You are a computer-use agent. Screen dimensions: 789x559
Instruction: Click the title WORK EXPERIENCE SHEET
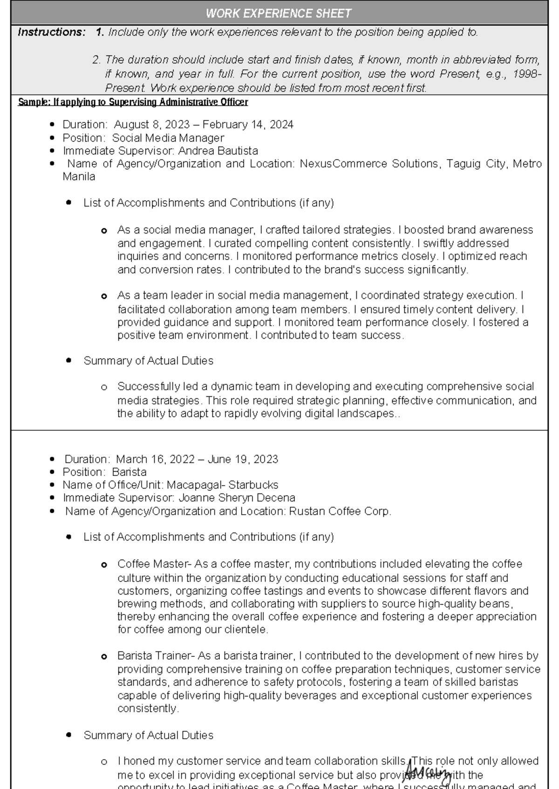coord(279,13)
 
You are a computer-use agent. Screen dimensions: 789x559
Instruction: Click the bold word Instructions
coord(51,32)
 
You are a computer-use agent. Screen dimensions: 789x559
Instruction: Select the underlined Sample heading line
coord(133,102)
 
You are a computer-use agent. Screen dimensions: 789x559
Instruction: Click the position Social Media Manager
coord(168,138)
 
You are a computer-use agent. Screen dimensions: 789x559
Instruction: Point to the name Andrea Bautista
coord(218,151)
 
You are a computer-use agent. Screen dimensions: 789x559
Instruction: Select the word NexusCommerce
coord(343,164)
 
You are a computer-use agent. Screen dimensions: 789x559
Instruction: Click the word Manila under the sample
coord(79,177)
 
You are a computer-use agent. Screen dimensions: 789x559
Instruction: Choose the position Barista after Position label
coord(129,472)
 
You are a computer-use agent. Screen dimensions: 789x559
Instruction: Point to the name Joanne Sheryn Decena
coord(237,498)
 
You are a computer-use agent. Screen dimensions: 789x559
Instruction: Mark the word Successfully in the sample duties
coord(149,387)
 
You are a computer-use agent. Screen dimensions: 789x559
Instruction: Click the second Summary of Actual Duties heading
coord(148,736)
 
